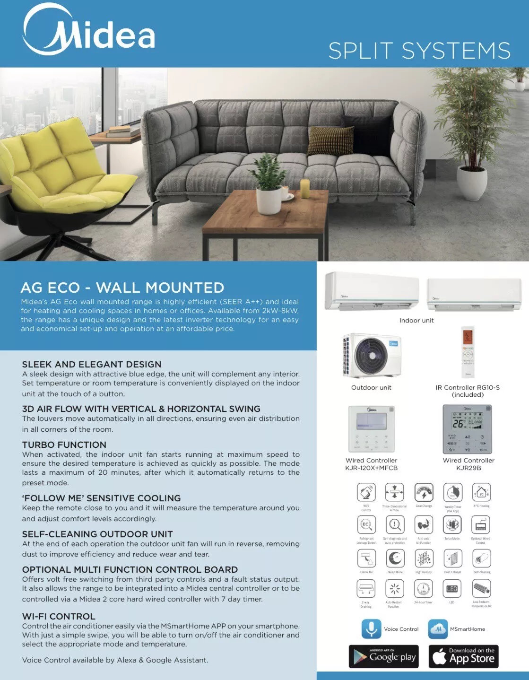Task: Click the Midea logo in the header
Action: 89,31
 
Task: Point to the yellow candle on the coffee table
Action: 305,188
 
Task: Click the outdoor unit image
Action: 372,355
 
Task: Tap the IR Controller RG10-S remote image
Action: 468,352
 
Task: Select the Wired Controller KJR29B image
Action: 468,429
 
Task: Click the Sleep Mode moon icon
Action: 395,558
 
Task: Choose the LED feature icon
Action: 452,589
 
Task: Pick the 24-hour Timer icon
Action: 423,589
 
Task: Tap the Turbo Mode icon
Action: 452,524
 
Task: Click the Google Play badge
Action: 384,656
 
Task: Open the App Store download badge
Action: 463,656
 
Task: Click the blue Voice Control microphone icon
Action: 371,629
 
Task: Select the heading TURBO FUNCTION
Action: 64,445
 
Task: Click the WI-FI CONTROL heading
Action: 59,616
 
